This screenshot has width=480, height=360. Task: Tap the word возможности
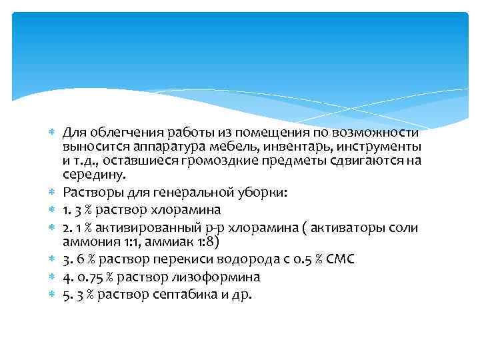point(381,132)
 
